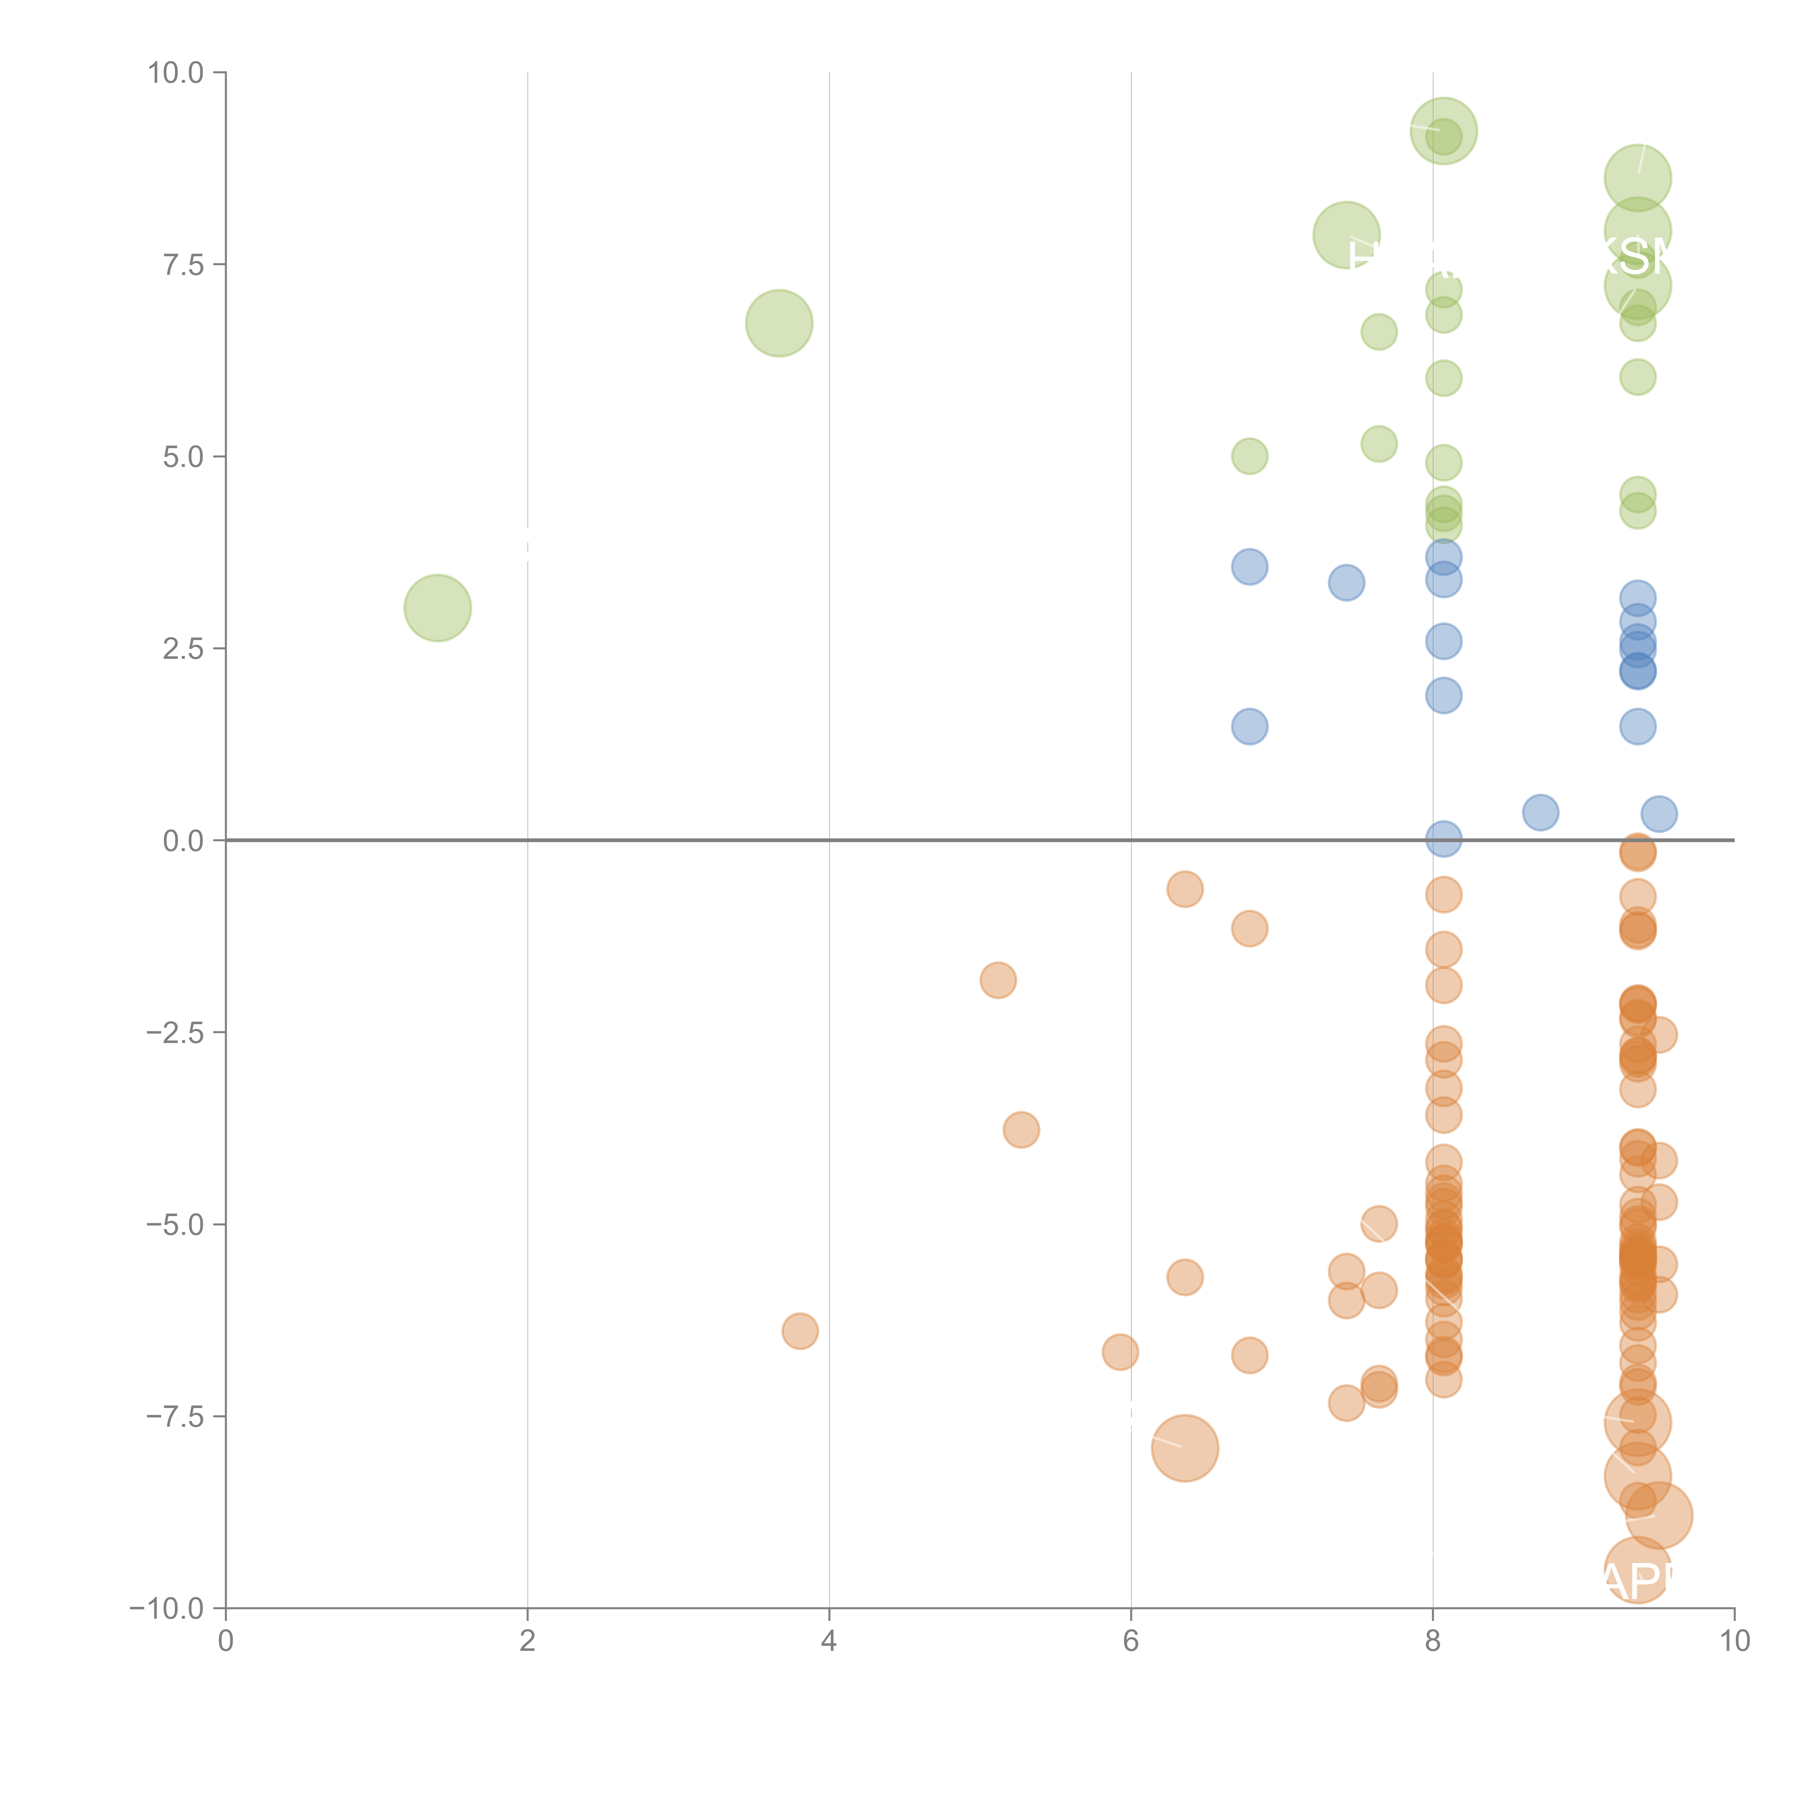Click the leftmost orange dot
tap(800, 1331)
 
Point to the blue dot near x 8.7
tap(1540, 812)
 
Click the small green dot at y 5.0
tap(1250, 456)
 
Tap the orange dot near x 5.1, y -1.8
tap(998, 980)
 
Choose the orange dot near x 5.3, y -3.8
tap(1021, 1130)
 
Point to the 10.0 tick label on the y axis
tap(176, 73)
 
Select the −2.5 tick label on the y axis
tap(176, 1033)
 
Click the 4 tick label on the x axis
tap(829, 1641)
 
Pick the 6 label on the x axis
tap(1131, 1641)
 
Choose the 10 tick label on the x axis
tap(1734, 1641)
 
